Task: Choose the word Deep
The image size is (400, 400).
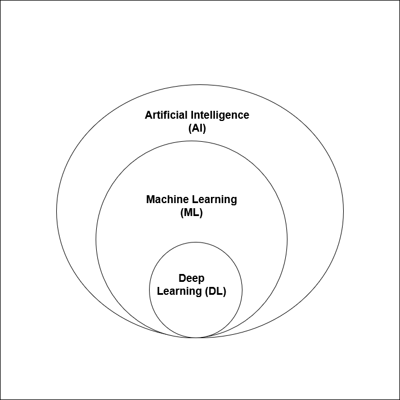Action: tap(191, 278)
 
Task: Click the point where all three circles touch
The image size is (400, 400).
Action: tap(196, 338)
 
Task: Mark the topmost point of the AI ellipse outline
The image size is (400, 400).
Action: tap(200, 85)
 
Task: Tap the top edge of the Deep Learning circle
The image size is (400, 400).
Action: tap(196, 242)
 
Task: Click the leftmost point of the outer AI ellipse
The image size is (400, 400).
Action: tap(56, 212)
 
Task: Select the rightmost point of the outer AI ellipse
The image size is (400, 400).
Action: tap(343, 212)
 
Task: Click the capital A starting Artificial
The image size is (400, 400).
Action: tap(149, 115)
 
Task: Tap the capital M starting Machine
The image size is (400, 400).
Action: tap(150, 200)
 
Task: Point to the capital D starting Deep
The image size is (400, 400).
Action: tap(182, 278)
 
